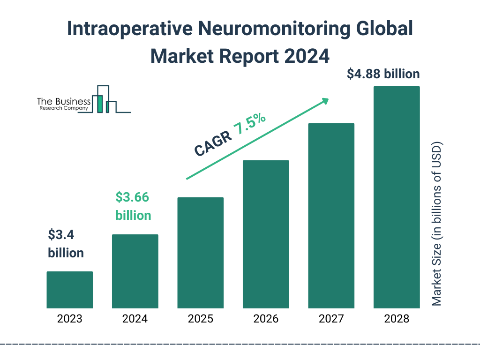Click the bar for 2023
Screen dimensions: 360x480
coord(69,290)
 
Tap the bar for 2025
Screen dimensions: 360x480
coord(200,253)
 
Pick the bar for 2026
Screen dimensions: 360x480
coord(266,234)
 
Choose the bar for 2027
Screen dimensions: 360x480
coord(331,216)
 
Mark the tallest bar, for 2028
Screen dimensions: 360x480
coord(397,197)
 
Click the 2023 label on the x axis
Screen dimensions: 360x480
coord(69,319)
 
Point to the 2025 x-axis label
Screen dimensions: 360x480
coord(200,319)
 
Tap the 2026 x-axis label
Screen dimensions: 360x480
coord(266,319)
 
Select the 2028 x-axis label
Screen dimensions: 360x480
coord(397,319)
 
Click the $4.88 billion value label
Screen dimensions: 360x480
coord(383,74)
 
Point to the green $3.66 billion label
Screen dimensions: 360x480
coord(133,206)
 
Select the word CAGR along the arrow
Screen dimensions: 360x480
coord(212,143)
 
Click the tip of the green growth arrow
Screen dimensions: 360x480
coord(328,99)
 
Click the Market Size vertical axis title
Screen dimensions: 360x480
coord(437,223)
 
